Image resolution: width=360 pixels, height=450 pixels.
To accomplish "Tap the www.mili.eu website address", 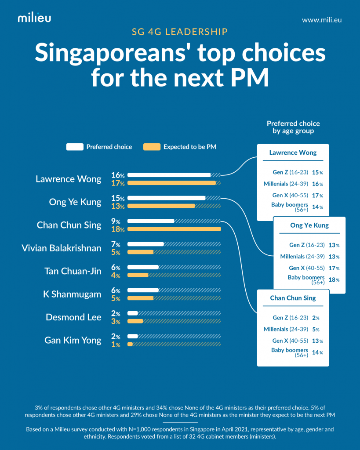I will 322,20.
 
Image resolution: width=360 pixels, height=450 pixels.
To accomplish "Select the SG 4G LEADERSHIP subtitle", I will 180,32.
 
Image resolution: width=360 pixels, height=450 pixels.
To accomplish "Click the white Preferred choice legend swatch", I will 74,147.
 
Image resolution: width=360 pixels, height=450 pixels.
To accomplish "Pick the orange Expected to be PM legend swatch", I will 152,147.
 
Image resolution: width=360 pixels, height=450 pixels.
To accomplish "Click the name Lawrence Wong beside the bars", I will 68,179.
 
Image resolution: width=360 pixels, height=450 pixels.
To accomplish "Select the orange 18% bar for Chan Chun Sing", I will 174,229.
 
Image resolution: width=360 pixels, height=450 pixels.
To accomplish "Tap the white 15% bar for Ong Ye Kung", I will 166,198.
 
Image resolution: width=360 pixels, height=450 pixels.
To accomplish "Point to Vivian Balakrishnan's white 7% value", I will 116,244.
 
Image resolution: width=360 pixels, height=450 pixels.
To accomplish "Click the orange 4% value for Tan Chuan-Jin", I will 116,276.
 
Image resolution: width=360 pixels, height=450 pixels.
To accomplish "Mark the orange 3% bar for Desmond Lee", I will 135,322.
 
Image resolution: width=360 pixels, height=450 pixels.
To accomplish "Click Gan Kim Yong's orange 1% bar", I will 130,345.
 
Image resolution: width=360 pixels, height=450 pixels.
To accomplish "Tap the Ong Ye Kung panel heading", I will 309,225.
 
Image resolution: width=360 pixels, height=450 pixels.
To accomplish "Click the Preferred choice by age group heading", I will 293,127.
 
